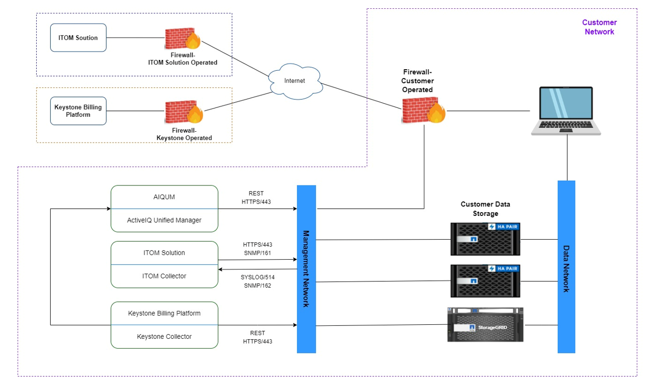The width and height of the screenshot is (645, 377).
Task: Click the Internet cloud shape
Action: click(294, 81)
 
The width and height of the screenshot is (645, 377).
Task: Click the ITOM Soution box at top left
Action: click(78, 38)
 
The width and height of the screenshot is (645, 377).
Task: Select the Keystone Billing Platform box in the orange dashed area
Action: click(78, 111)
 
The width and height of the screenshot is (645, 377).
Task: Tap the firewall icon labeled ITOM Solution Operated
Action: click(182, 39)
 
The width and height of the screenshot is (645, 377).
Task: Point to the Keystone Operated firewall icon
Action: click(182, 112)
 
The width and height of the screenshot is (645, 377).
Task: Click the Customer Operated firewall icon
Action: click(423, 110)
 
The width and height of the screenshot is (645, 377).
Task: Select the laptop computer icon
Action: click(567, 111)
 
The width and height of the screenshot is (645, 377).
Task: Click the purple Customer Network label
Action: click(599, 27)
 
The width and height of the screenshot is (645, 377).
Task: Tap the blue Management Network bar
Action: click(306, 269)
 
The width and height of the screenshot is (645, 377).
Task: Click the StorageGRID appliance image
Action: click(485, 324)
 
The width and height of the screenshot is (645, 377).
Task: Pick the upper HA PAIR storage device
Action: click(485, 239)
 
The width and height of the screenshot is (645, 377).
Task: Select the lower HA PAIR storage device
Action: click(485, 281)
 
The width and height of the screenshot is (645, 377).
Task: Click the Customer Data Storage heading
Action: click(485, 209)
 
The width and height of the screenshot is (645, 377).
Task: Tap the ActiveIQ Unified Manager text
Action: click(164, 220)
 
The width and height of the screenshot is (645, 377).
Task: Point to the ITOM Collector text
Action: click(164, 276)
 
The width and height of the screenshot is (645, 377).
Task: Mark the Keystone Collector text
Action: click(164, 336)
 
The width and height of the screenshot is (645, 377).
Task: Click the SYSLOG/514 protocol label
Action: click(258, 277)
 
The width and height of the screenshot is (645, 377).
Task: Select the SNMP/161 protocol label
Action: click(258, 253)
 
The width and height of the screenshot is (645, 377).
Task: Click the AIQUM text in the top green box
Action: click(164, 197)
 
